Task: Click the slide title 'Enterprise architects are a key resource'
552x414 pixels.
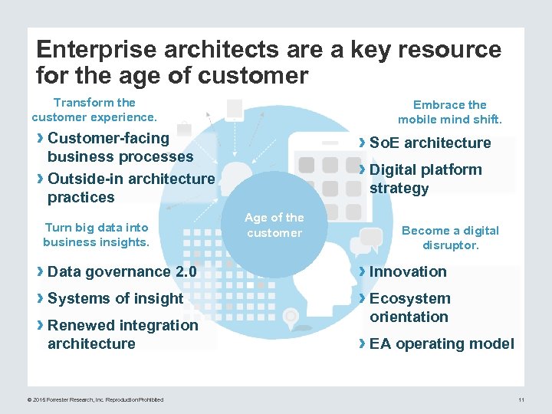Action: (x=268, y=50)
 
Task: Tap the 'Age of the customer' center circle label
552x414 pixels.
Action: (x=274, y=225)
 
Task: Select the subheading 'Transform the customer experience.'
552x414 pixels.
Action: (x=94, y=110)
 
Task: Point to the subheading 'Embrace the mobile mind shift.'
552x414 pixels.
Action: (x=449, y=112)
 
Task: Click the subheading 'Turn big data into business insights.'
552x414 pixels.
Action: (x=96, y=235)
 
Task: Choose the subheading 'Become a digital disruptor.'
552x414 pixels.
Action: (x=450, y=238)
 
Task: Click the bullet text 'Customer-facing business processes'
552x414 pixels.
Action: (x=120, y=147)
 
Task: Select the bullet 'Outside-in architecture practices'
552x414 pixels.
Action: (x=130, y=188)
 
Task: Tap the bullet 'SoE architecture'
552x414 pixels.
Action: (x=429, y=143)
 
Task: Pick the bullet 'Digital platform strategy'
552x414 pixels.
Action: (x=425, y=179)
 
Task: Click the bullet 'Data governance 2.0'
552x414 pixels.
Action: (x=121, y=271)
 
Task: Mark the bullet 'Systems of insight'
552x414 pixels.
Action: (x=115, y=298)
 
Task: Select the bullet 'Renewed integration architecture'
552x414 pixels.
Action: (x=122, y=334)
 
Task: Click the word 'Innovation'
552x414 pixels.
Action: (x=407, y=271)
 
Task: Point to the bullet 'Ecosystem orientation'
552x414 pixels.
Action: (x=409, y=307)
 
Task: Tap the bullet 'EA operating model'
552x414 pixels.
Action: (x=441, y=343)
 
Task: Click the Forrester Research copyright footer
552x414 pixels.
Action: (x=95, y=399)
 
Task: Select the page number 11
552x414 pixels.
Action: (x=521, y=399)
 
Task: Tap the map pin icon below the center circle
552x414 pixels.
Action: (x=291, y=317)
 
